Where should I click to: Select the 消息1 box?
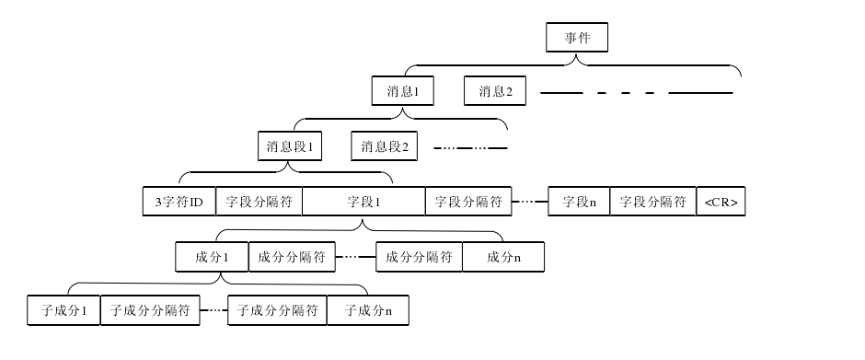pos(403,92)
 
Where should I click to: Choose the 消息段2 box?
pos(384,146)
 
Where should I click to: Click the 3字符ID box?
pos(179,202)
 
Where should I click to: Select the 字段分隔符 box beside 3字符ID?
pos(259,202)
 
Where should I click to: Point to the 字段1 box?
pos(363,202)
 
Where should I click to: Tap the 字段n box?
pos(579,202)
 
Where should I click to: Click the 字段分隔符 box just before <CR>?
pos(652,202)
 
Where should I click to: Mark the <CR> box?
pos(721,202)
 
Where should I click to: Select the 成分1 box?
pos(212,257)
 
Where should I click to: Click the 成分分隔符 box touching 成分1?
pos(291,257)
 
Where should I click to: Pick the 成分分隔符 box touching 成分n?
pos(419,257)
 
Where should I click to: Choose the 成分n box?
pos(503,257)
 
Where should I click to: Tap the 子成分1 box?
pos(63,311)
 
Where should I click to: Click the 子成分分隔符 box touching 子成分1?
pos(149,311)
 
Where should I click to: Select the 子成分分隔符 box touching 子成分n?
pos(277,311)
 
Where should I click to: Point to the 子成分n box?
pos(367,311)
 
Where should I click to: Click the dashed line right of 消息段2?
pos(470,147)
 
